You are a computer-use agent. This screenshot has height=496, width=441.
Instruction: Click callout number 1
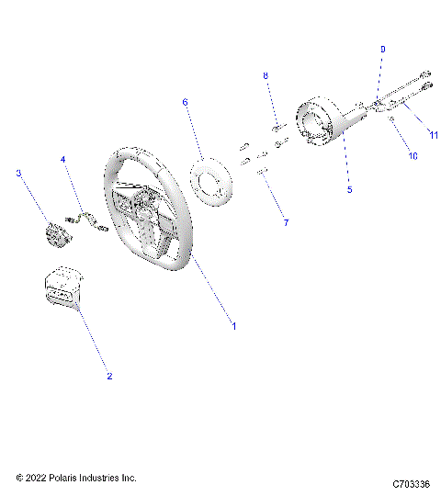(233, 326)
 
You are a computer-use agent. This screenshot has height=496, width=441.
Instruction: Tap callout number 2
(109, 377)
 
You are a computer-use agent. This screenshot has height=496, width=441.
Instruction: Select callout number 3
(18, 173)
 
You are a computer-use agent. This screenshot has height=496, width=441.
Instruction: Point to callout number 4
(63, 160)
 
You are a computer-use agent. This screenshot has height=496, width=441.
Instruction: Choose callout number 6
(185, 103)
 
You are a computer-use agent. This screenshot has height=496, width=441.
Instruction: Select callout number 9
(383, 48)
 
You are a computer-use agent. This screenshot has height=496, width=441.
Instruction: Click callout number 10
(413, 156)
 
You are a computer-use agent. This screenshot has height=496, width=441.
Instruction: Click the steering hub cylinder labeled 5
(327, 125)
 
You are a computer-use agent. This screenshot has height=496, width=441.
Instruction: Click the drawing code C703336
(411, 482)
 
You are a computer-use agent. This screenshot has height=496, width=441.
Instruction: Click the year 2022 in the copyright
(40, 479)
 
